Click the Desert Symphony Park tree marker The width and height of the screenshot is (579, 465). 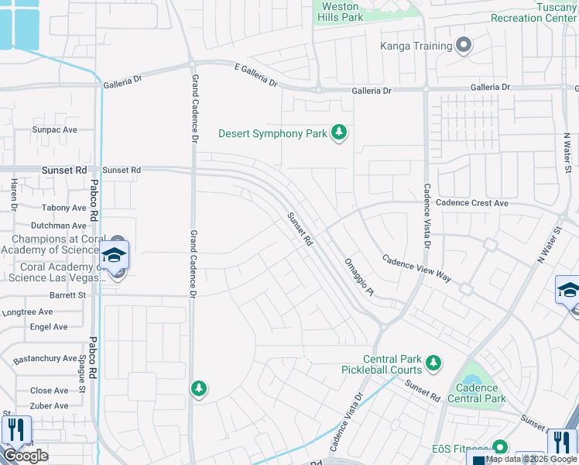tap(338, 133)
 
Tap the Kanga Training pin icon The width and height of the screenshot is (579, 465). tap(464, 46)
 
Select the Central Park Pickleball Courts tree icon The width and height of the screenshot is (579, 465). tap(433, 361)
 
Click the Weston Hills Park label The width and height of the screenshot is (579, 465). tap(341, 12)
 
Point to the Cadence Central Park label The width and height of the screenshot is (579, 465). tap(481, 394)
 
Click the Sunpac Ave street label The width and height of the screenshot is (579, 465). tap(54, 130)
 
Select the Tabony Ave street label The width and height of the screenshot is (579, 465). tap(64, 208)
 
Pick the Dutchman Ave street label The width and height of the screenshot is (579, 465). tap(58, 226)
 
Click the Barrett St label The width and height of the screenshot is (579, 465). tap(67, 295)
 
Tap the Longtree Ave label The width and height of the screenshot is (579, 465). tap(27, 312)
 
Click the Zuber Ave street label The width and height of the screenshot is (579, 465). tap(50, 406)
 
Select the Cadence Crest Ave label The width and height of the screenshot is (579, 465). tap(471, 203)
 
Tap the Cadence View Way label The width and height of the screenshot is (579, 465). tap(416, 267)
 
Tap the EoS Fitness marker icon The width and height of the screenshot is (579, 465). tap(499, 448)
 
